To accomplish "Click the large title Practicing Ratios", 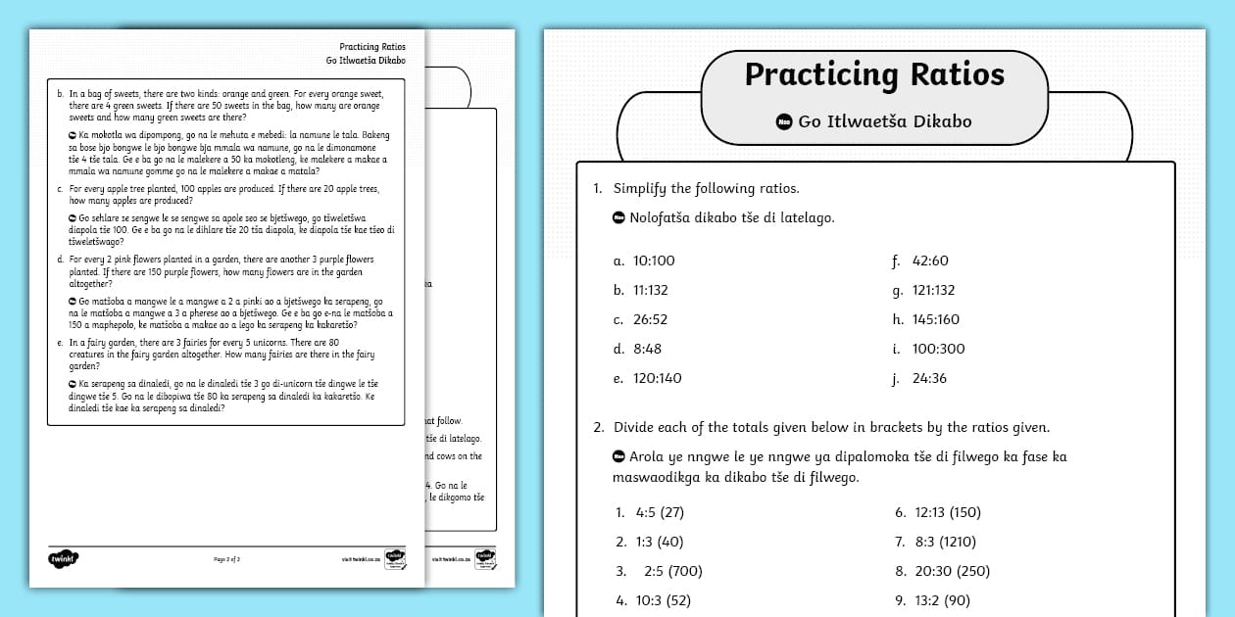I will click(x=874, y=75).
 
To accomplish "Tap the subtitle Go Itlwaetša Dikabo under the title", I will click(x=884, y=121).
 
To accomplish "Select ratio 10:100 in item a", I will click(x=654, y=261).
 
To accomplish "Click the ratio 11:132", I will click(x=654, y=290).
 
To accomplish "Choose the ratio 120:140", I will click(x=658, y=378).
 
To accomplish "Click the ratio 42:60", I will click(x=930, y=261).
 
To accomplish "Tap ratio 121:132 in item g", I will click(x=933, y=290).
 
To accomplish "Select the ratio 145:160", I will click(x=935, y=319).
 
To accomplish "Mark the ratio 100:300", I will click(x=938, y=349).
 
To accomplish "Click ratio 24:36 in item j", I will click(x=929, y=378).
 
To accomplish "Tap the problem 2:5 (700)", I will click(x=672, y=571).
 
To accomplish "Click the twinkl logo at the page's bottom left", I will click(x=62, y=558).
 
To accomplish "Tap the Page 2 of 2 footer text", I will click(x=226, y=559).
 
